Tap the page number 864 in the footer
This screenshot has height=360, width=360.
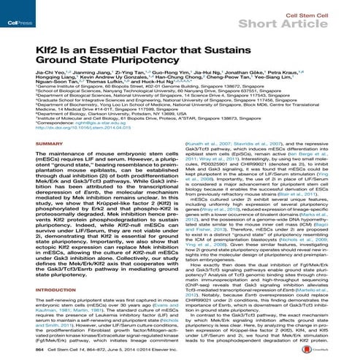click(19, 351)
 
